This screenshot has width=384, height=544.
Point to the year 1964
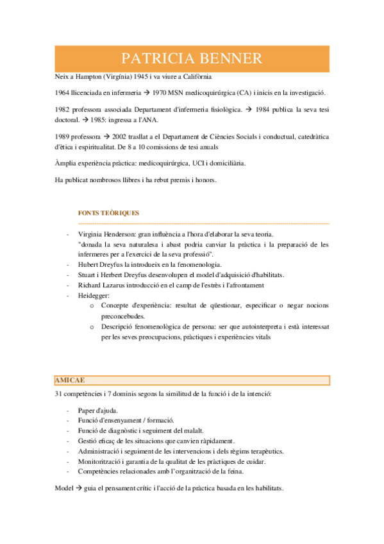tap(63, 93)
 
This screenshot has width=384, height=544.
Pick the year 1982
tap(63, 110)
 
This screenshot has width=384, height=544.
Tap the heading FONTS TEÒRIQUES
tap(108, 212)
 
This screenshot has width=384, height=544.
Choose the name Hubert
tap(88, 264)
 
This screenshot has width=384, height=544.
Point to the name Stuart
tap(87, 275)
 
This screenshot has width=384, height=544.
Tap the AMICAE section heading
tap(71, 380)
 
